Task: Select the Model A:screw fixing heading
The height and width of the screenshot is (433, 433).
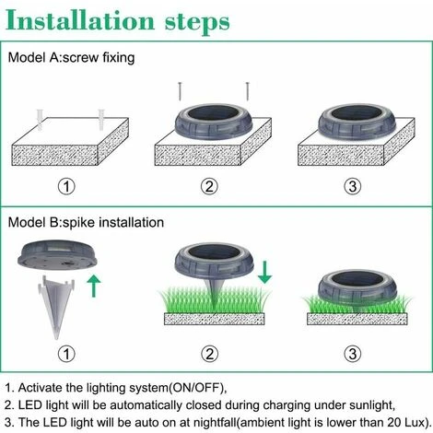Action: click(x=71, y=58)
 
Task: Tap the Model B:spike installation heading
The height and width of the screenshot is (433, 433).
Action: click(x=87, y=222)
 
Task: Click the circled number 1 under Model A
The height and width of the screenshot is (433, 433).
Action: click(x=65, y=188)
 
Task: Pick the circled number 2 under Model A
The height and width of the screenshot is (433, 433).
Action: click(x=210, y=188)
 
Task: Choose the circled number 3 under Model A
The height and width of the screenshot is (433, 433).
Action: click(x=357, y=188)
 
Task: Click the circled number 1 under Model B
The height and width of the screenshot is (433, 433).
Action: click(x=65, y=354)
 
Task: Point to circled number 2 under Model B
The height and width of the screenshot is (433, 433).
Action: click(x=210, y=354)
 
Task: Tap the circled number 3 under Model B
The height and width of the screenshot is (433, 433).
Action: click(x=357, y=354)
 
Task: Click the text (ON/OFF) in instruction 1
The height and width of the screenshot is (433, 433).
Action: click(x=195, y=388)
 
